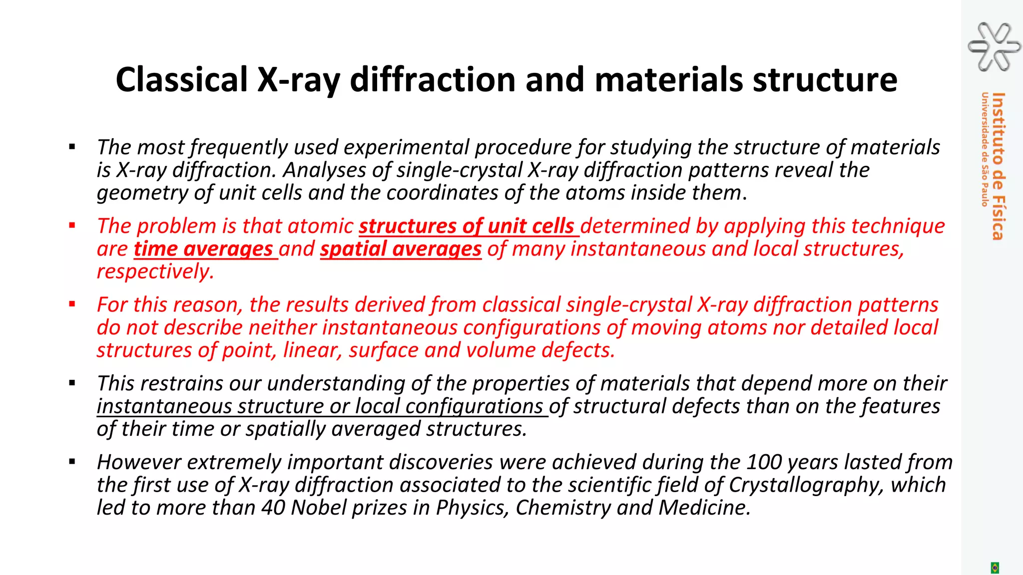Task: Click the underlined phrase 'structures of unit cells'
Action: [x=468, y=226]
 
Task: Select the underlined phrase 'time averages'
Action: [x=205, y=249]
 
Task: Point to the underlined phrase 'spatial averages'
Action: [x=401, y=249]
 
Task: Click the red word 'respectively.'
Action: [x=155, y=272]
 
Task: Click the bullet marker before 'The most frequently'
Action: [x=72, y=147]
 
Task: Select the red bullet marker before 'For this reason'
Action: [x=72, y=304]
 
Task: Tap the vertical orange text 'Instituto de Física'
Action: [x=998, y=166]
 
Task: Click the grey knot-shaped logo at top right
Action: [x=994, y=47]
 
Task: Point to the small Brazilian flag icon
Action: [x=995, y=568]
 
